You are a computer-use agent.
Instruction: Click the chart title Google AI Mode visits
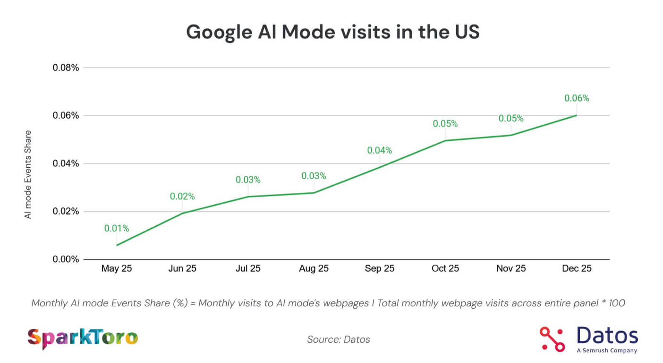(x=332, y=32)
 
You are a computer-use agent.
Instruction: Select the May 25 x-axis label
(x=116, y=269)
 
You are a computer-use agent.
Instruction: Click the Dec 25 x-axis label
(x=577, y=269)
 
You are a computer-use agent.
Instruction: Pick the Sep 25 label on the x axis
(x=379, y=269)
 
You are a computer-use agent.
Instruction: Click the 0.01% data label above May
(x=117, y=229)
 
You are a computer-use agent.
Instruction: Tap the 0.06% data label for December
(x=577, y=98)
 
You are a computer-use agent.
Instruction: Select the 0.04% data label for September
(x=380, y=150)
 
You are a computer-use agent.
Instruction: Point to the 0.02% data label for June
(x=182, y=196)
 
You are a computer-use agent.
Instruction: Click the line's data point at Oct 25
(x=445, y=140)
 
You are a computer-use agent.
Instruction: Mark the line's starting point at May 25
(x=117, y=245)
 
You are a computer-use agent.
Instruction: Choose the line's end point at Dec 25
(x=577, y=115)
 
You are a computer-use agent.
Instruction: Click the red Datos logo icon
(x=552, y=339)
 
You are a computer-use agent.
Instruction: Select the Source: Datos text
(x=339, y=339)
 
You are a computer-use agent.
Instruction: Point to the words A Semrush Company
(x=606, y=350)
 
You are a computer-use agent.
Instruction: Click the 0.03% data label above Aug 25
(x=314, y=176)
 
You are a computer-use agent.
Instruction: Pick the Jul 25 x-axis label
(x=248, y=269)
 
